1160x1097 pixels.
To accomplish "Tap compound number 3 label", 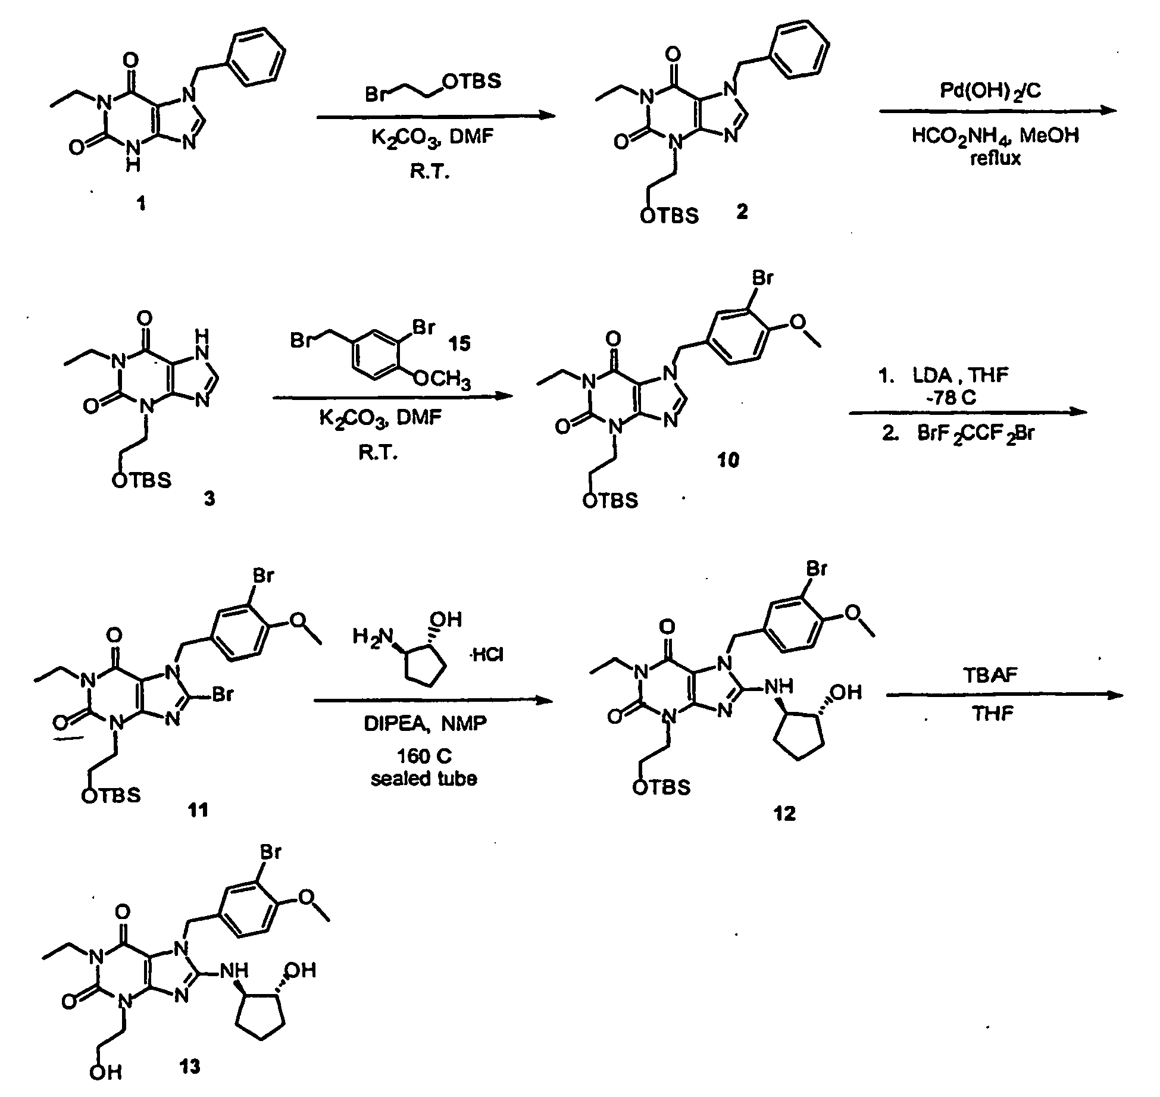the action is (209, 499).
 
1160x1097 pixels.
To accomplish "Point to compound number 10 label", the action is (728, 460).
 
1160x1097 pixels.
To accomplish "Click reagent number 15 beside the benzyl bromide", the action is (459, 343).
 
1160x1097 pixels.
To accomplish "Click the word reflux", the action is (995, 158).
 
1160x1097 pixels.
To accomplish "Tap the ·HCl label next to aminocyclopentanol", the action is (487, 655).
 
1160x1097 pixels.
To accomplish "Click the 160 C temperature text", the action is (424, 756).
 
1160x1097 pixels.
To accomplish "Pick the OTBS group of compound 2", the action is (669, 215).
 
